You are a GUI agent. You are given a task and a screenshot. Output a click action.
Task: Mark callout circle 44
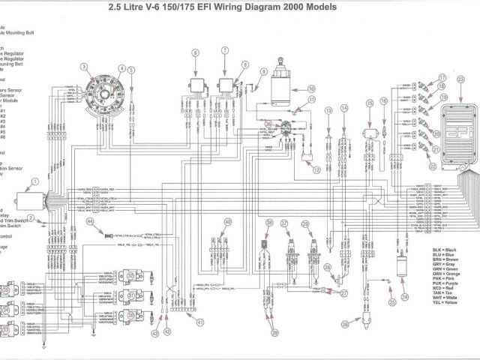pos(91,222)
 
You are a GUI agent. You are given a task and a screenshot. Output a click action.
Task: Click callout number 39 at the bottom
pos(275,332)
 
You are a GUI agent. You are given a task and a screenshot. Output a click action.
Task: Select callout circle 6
pos(196,52)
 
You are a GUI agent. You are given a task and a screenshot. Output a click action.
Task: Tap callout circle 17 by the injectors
pos(442,79)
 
